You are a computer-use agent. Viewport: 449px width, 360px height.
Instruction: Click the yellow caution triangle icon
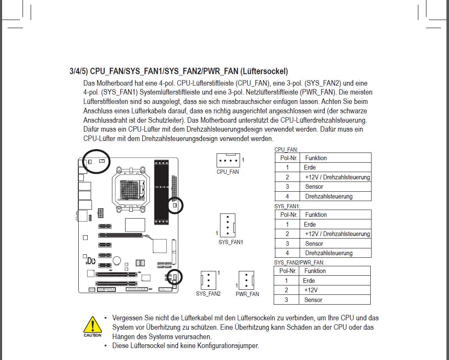click(92, 325)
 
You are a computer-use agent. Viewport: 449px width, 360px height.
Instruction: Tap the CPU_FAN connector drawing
click(228, 161)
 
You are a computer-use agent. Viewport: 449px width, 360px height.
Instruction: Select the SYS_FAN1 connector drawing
click(228, 225)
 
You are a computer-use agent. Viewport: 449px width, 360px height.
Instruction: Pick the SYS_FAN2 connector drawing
click(208, 280)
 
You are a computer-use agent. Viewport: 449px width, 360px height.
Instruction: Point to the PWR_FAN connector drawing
click(246, 281)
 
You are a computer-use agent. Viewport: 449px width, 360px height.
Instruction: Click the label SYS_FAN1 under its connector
click(231, 242)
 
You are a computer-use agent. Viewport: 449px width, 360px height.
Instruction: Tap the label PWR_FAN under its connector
click(247, 294)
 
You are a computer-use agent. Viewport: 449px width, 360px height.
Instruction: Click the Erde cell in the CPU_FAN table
click(310, 167)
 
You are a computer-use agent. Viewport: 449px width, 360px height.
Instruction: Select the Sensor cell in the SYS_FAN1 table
click(314, 244)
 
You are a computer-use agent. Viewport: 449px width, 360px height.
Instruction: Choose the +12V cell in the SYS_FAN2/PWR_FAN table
click(311, 290)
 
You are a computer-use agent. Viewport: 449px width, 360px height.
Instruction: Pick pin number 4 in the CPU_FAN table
click(287, 196)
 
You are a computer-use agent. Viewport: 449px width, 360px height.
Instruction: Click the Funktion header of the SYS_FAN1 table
click(316, 215)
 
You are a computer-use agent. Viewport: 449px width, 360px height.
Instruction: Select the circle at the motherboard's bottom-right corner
click(174, 277)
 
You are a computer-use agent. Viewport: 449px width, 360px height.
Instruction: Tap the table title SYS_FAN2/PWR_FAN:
click(299, 262)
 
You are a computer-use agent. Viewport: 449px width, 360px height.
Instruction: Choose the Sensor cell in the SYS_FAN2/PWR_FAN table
click(313, 300)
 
